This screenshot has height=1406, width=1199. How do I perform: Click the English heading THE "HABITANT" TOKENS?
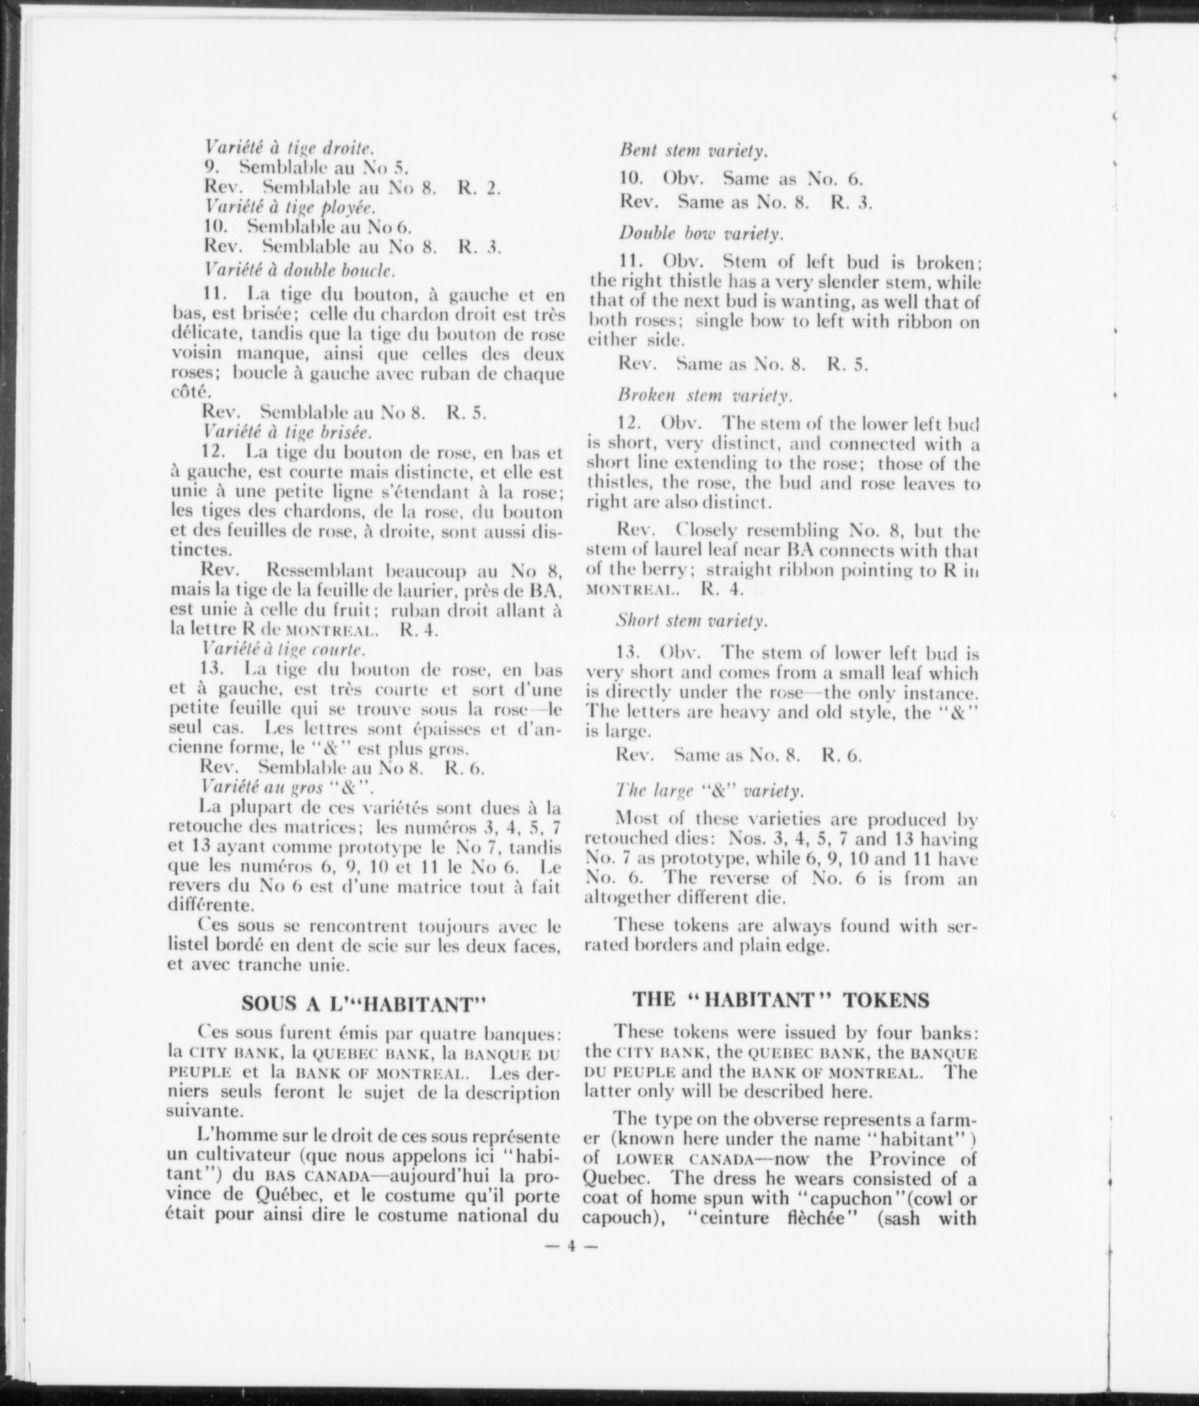(x=781, y=999)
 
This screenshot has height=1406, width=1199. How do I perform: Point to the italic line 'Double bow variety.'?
(x=701, y=233)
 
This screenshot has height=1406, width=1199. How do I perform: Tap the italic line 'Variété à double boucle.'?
(x=300, y=270)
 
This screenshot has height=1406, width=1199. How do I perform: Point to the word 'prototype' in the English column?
(x=702, y=859)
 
